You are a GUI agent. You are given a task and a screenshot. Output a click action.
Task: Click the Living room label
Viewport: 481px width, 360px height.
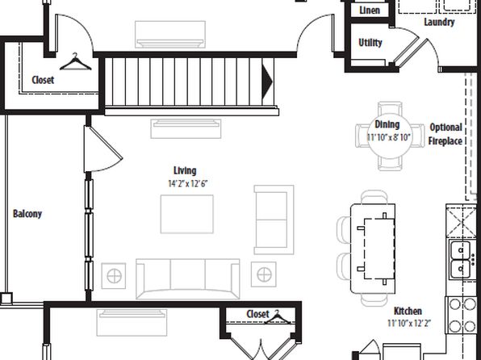tap(185, 170)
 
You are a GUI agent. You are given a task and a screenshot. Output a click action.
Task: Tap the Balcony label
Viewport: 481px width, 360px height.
tap(27, 214)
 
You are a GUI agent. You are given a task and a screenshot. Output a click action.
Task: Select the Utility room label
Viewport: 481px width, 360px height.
tap(370, 42)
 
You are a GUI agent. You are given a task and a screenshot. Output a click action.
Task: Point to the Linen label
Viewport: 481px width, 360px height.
tap(370, 10)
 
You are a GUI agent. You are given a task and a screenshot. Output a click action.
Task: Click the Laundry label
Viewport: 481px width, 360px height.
tap(439, 22)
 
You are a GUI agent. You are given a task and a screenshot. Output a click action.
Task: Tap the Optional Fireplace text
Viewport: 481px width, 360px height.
tap(445, 134)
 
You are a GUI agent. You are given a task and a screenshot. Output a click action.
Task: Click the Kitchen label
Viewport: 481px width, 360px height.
tap(408, 311)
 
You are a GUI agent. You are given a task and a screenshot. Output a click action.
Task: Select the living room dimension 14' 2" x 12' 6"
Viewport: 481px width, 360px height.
tap(188, 183)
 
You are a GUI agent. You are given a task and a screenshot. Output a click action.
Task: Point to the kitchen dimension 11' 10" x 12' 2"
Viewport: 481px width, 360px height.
tap(409, 323)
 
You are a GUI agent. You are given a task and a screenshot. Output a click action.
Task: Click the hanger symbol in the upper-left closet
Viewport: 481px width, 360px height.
tap(76, 62)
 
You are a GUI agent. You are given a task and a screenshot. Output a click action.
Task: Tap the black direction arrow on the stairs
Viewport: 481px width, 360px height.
tap(267, 82)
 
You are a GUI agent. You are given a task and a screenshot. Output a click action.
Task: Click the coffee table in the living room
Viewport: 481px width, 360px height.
tap(186, 214)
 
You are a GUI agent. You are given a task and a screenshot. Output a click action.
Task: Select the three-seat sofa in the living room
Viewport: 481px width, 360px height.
tap(188, 279)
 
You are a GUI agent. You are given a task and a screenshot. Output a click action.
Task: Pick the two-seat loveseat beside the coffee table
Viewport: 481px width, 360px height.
tap(274, 220)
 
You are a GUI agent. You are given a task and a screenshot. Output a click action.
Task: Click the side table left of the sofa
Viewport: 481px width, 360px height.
tap(114, 275)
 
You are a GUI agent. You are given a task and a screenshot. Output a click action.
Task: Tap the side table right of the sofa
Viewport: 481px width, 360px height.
tap(264, 274)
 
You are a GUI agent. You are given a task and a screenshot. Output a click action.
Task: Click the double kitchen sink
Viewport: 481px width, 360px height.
tap(460, 260)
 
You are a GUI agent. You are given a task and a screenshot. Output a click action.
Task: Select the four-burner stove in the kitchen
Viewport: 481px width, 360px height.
tap(462, 315)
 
